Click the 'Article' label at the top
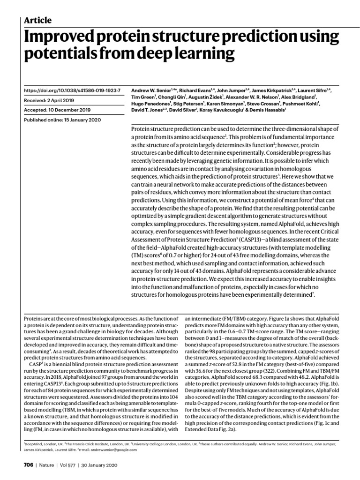[37, 20]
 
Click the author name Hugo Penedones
[148, 102]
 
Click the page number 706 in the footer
[28, 465]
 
